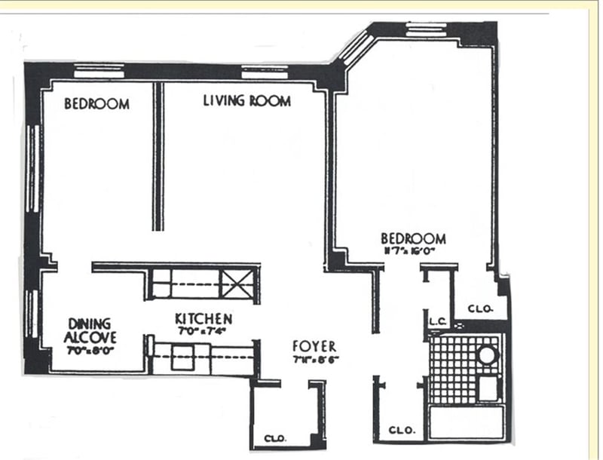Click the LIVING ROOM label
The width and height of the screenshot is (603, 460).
tap(246, 101)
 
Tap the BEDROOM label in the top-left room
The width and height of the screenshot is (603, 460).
tap(96, 104)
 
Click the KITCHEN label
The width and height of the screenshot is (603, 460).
tap(203, 319)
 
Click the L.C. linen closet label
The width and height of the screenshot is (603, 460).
tap(438, 322)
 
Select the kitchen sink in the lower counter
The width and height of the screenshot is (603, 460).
tap(181, 356)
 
